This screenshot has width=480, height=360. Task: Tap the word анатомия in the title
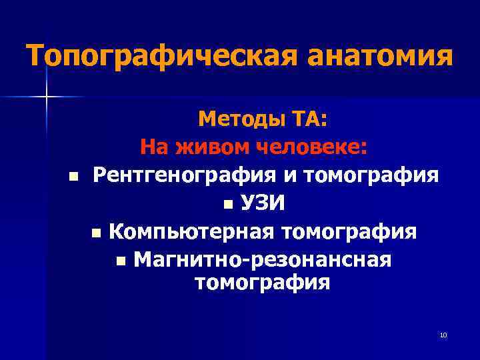point(381,55)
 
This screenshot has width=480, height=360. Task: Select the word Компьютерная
point(192,233)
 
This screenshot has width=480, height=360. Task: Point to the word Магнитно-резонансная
point(263,259)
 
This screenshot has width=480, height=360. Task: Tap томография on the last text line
point(262,282)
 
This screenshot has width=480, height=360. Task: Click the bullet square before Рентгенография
point(73,177)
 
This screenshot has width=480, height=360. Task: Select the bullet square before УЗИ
point(229,203)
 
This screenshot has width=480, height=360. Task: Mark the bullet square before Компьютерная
point(96,234)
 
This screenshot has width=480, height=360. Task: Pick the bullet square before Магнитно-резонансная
point(119,260)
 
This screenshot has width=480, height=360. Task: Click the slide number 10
point(443,335)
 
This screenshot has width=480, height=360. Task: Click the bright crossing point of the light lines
point(46,97)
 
